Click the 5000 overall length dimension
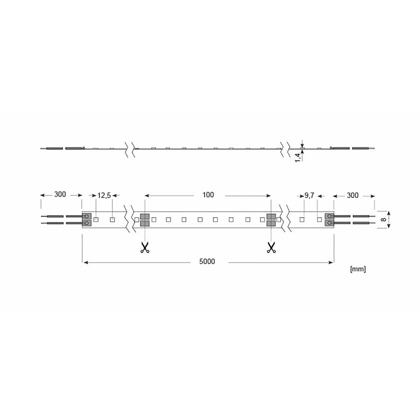click(207, 261)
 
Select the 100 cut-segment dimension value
click(208, 195)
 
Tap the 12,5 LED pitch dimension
click(104, 196)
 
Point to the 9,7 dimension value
click(309, 196)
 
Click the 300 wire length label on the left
click(60, 194)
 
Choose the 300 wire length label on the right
click(353, 195)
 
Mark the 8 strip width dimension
click(384, 219)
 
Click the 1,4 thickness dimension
click(297, 157)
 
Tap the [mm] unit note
click(358, 269)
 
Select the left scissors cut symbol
click(145, 247)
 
